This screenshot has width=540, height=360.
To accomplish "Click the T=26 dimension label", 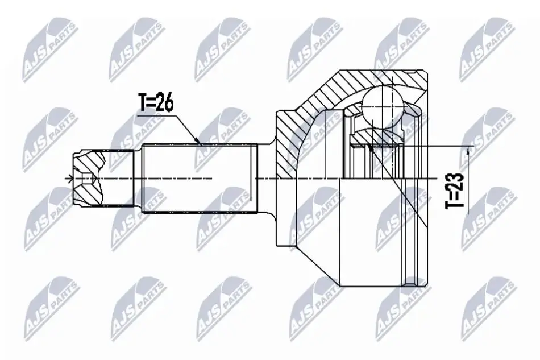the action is click(x=156, y=103).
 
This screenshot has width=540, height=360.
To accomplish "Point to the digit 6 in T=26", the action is click(x=168, y=103).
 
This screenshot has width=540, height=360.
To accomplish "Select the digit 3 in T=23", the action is click(x=455, y=178).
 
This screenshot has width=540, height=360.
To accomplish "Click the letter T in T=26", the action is click(x=143, y=103).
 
